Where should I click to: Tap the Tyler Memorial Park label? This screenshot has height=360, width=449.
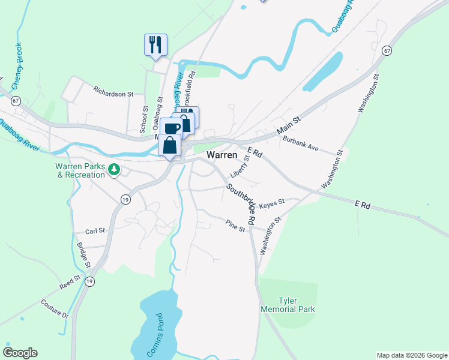(288, 305)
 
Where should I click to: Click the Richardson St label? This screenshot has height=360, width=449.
(113, 94)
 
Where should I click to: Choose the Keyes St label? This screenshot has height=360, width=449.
(271, 203)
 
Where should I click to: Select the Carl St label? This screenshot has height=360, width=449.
(95, 230)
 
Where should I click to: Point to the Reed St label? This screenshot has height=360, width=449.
(70, 282)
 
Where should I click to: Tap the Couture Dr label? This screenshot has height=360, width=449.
(55, 309)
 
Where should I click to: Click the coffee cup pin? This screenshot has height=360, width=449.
(171, 128)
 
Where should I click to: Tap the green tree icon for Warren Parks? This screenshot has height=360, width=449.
(113, 170)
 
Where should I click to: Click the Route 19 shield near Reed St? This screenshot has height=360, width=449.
(89, 281)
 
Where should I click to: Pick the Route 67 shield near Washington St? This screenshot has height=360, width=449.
(388, 50)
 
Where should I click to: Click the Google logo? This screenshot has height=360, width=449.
(20, 353)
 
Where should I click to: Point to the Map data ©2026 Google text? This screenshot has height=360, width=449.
(411, 355)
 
